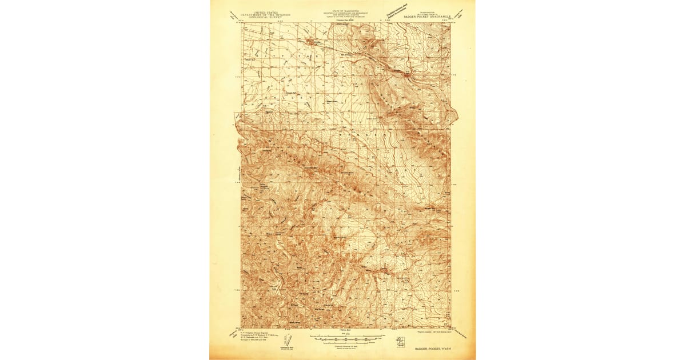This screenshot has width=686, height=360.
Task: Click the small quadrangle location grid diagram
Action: pyautogui.click(x=399, y=343)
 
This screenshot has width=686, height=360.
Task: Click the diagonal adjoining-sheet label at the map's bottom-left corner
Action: pyautogui.click(x=233, y=333)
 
